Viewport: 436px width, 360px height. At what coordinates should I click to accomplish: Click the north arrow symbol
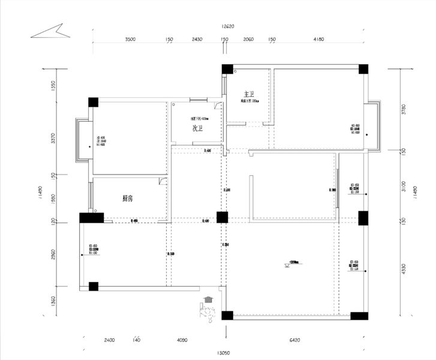51,31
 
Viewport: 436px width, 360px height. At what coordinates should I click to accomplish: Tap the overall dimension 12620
227,26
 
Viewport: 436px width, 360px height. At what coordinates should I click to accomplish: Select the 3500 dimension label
130,39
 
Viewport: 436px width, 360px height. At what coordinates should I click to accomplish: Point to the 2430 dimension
197,39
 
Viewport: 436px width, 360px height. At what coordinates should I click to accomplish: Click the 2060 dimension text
248,39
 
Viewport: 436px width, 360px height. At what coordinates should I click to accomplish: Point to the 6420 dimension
294,340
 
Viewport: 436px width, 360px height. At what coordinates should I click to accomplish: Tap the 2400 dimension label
109,340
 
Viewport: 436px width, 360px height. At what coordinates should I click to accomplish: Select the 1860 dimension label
53,199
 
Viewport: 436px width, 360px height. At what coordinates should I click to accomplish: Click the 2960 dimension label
53,254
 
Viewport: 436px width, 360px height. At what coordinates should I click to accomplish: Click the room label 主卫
249,94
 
